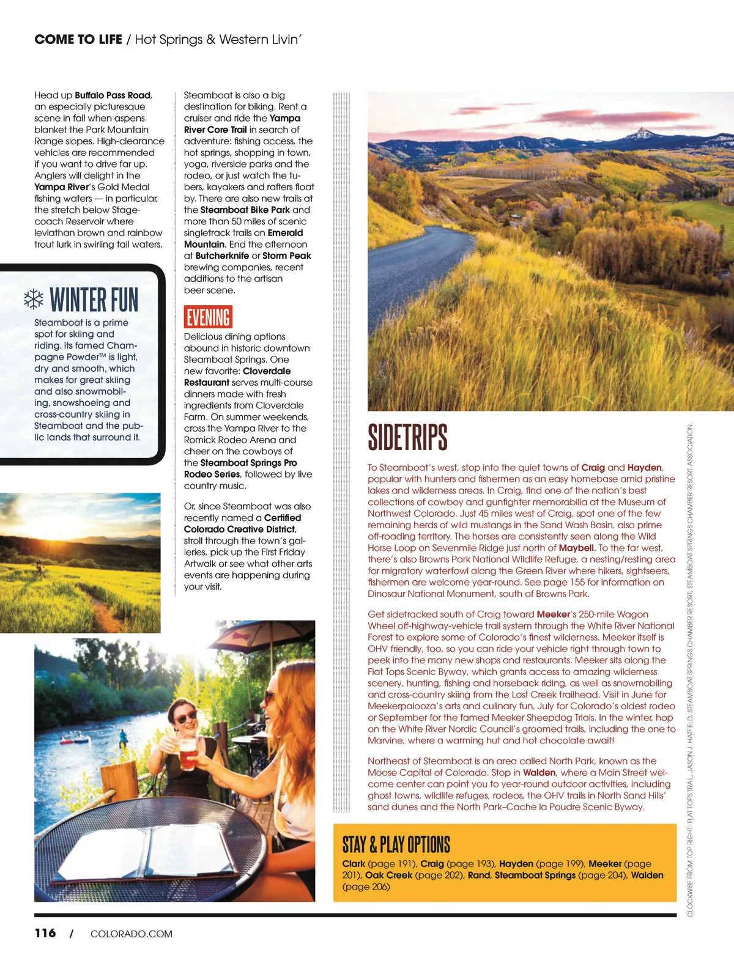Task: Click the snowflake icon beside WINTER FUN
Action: pyautogui.click(x=34, y=299)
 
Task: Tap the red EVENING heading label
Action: pyautogui.click(x=208, y=317)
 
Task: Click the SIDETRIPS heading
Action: pyautogui.click(x=407, y=437)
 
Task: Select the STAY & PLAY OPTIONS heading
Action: pyautogui.click(x=396, y=844)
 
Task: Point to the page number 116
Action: pyautogui.click(x=45, y=933)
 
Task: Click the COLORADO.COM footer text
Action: pyautogui.click(x=131, y=934)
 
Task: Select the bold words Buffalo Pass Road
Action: pyautogui.click(x=113, y=95)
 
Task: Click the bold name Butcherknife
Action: pyautogui.click(x=222, y=256)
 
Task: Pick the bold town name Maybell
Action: pyautogui.click(x=576, y=548)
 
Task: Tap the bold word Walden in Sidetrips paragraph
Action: pyautogui.click(x=539, y=773)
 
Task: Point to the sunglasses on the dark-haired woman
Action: pyautogui.click(x=185, y=716)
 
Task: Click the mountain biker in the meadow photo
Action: pyautogui.click(x=40, y=567)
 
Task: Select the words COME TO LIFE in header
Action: pyautogui.click(x=78, y=40)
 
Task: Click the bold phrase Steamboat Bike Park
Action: pyautogui.click(x=245, y=210)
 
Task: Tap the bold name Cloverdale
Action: pyautogui.click(x=267, y=371)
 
